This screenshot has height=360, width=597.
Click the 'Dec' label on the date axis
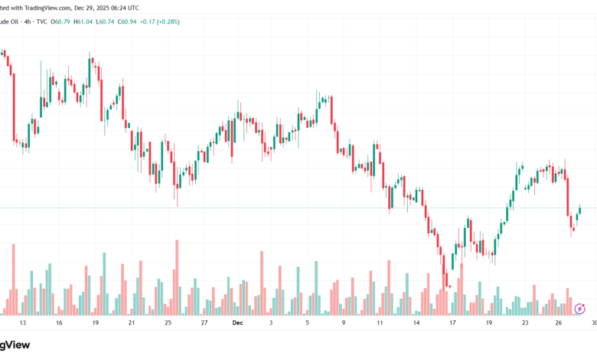click(237, 323)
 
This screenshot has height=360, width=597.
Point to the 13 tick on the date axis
click(23, 323)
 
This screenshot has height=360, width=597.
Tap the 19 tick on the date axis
click(95, 323)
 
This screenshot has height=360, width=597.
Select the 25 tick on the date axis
click(168, 323)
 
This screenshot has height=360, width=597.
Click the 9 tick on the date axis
click(343, 323)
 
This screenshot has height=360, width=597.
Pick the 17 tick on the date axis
click(452, 323)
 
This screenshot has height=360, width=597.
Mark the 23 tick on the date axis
click(525, 323)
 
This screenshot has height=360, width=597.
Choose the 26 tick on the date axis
click(559, 323)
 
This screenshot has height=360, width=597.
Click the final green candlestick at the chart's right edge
click(581, 209)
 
